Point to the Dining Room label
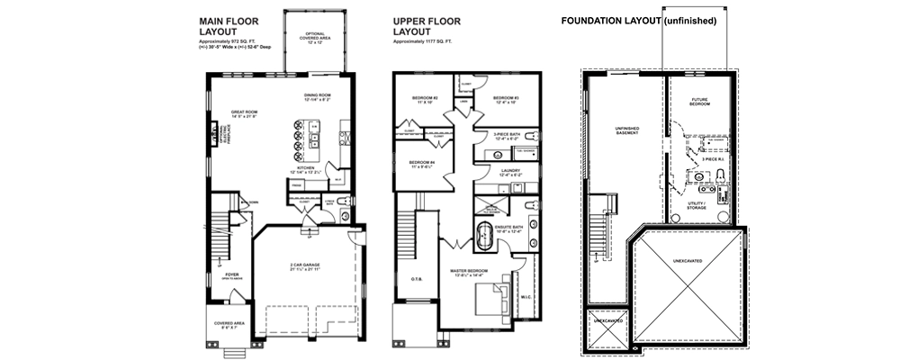(318, 96)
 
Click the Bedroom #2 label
(425, 99)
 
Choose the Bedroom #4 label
(424, 163)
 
